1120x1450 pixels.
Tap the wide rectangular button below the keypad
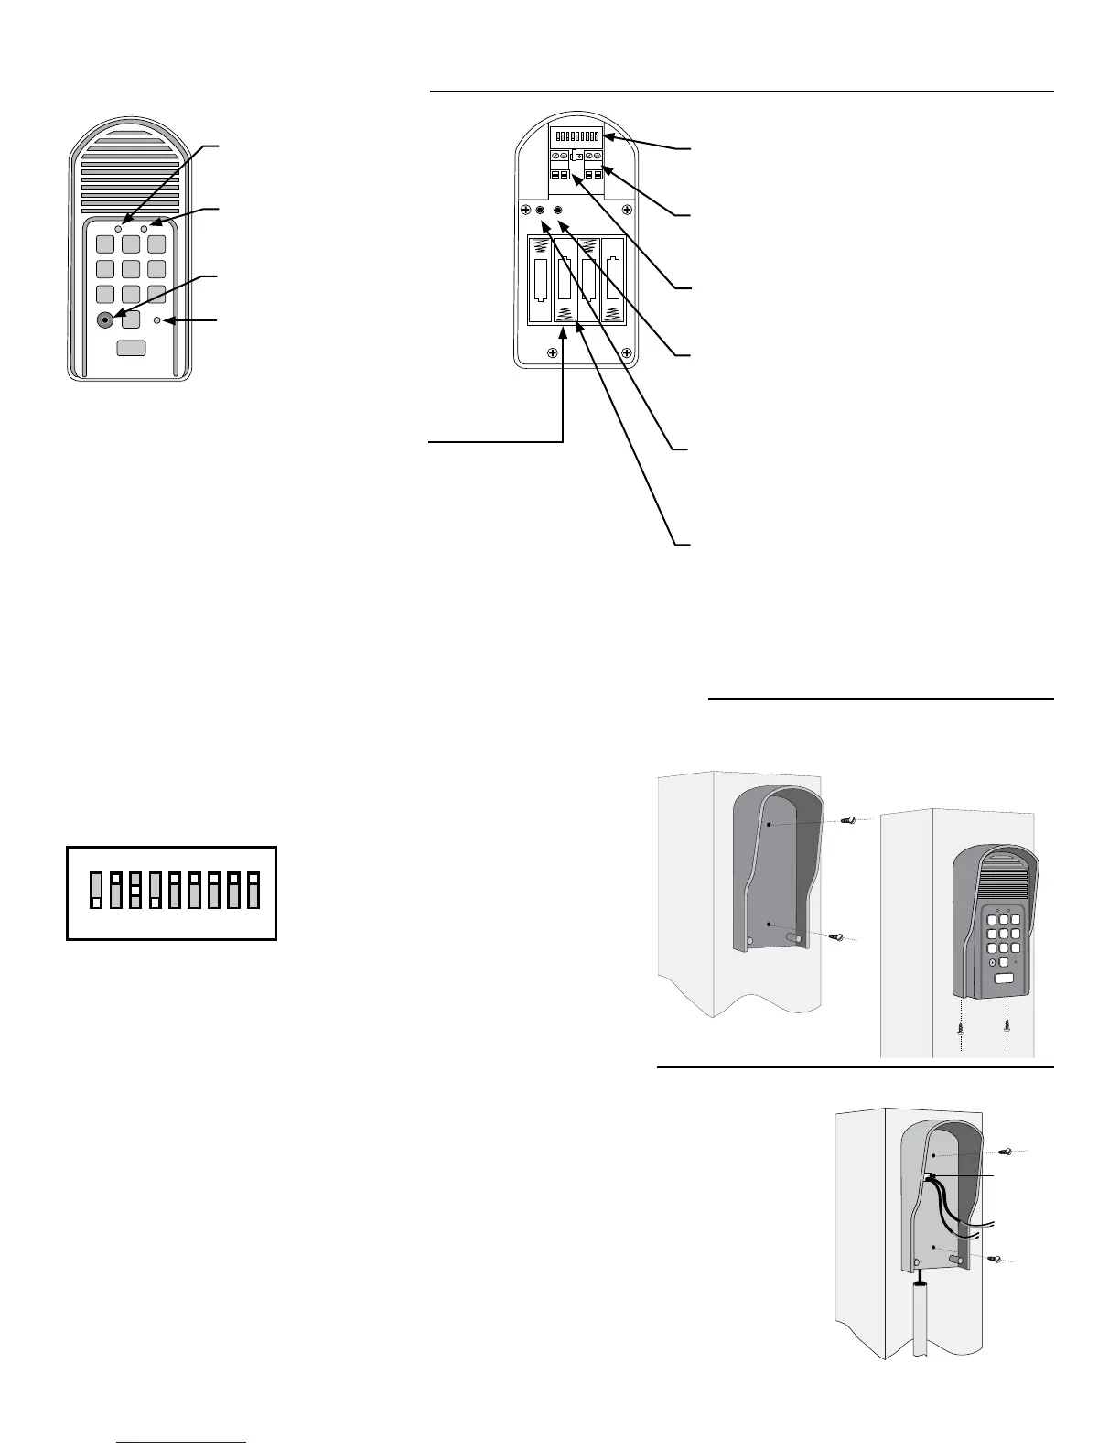pyautogui.click(x=132, y=348)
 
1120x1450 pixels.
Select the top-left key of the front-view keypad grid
pyautogui.click(x=106, y=244)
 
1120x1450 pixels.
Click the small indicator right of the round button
pyautogui.click(x=157, y=319)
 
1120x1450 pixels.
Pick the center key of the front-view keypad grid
pyautogui.click(x=131, y=269)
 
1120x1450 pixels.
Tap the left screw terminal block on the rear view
pyautogui.click(x=559, y=164)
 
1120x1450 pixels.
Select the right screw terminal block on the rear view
pyautogui.click(x=593, y=164)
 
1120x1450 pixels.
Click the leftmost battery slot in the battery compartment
pyautogui.click(x=541, y=281)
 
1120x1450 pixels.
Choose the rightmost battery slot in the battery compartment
pyautogui.click(x=612, y=281)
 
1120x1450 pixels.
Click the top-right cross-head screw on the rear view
pyautogui.click(x=627, y=211)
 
